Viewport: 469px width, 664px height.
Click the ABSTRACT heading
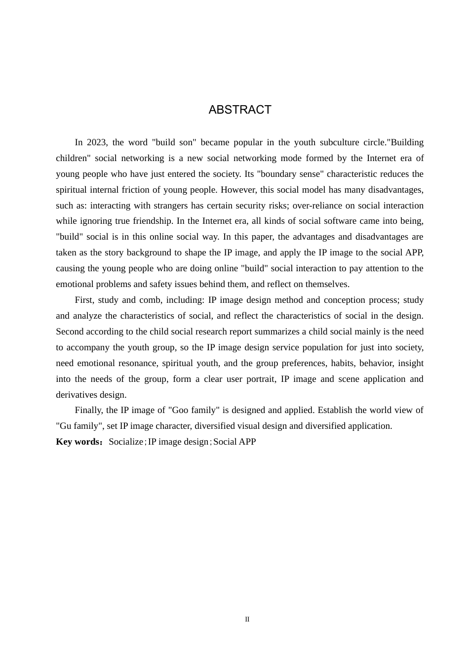[240, 110]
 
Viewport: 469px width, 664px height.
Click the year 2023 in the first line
[96, 142]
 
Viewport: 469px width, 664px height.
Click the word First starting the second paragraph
[84, 300]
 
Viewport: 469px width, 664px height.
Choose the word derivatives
[76, 395]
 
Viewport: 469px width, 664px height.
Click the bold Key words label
[78, 442]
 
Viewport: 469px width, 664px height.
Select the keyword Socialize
[126, 442]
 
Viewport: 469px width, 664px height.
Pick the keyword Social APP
[234, 442]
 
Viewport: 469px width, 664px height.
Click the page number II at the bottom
[247, 620]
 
